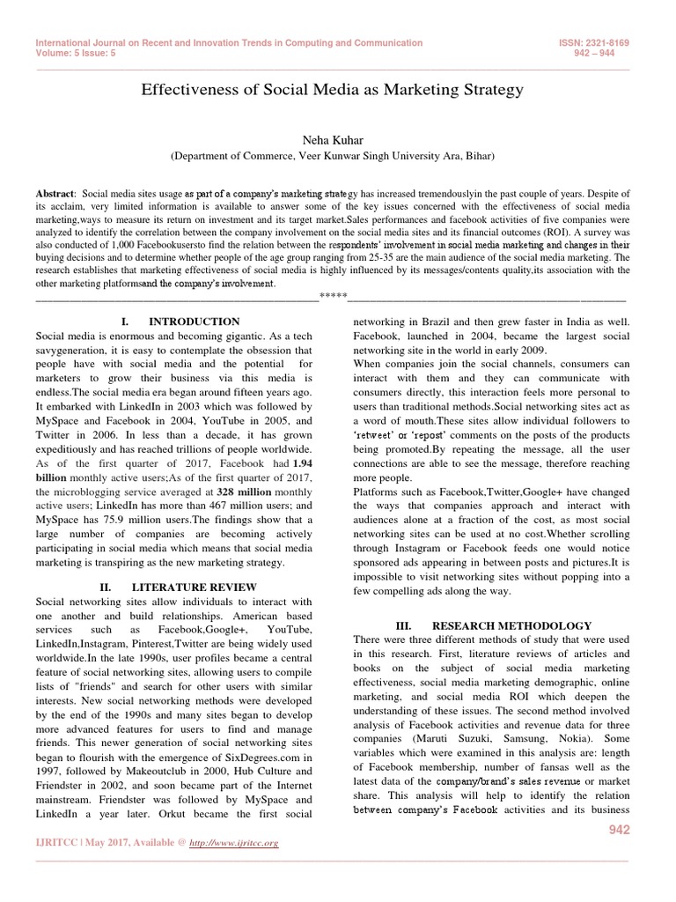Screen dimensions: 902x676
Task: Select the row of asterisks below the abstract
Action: pos(333,295)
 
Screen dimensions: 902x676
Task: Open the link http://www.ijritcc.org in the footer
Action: pos(236,843)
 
